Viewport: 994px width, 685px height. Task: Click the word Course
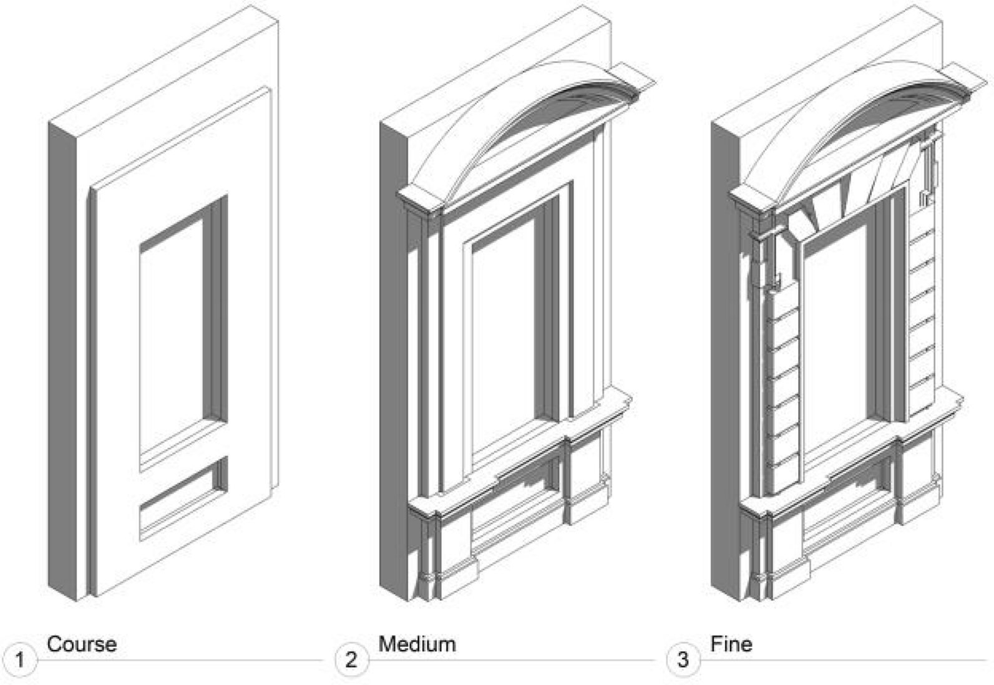[81, 644]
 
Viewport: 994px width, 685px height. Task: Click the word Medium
[417, 644]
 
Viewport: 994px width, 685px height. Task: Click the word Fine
[731, 644]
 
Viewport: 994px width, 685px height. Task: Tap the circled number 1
[20, 659]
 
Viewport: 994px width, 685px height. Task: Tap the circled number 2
[351, 659]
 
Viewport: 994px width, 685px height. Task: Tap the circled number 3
[683, 659]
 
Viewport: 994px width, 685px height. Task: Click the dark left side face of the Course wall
[63, 362]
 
